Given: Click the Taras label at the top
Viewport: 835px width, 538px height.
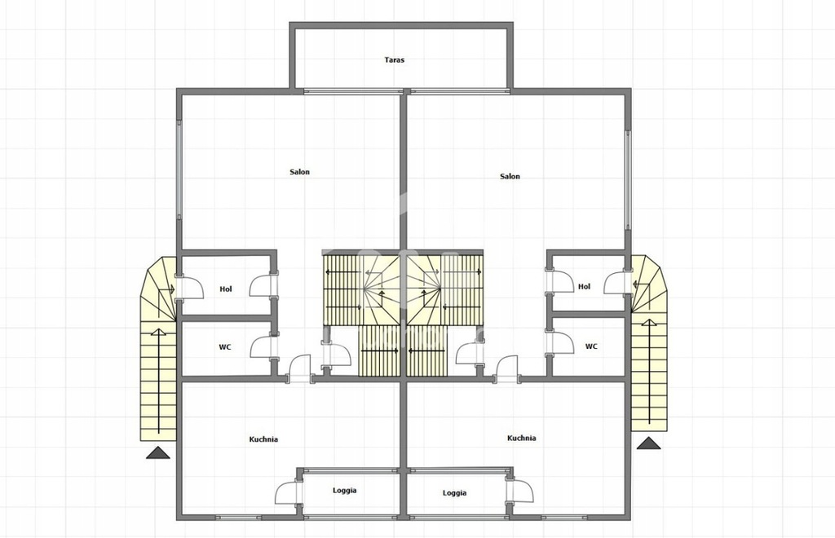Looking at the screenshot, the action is [x=394, y=60].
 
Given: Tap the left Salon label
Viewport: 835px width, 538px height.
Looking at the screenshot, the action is [x=299, y=172].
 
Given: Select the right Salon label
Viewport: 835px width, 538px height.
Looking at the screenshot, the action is [x=510, y=176].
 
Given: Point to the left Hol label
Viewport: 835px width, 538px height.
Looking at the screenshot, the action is [x=226, y=289].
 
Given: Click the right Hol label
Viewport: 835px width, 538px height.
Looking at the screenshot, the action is [x=584, y=286].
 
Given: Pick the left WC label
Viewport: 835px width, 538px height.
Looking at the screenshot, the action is [x=225, y=347].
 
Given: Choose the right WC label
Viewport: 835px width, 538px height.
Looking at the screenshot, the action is [x=591, y=346].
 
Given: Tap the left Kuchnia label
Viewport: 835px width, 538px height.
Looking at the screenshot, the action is [x=263, y=439].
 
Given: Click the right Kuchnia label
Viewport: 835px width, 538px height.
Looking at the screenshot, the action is [x=521, y=438].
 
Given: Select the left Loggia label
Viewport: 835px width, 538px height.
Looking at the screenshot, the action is [x=345, y=491].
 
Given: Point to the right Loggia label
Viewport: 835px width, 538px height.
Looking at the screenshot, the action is [x=454, y=493].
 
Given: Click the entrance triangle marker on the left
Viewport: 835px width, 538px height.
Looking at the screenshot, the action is [x=158, y=453].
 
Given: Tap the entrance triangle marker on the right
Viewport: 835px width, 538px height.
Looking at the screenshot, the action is [x=648, y=443].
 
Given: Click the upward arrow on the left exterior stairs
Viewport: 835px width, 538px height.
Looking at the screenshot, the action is [x=159, y=381].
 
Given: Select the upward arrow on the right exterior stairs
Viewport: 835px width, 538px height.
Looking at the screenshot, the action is [x=650, y=372].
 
